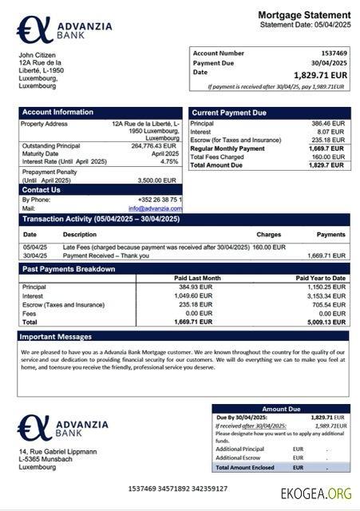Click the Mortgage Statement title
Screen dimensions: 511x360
click(303, 15)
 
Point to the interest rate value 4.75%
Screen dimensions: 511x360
click(169, 161)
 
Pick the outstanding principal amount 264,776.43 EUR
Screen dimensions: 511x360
click(153, 145)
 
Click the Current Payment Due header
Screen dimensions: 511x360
click(229, 113)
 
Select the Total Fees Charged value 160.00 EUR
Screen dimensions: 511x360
click(327, 156)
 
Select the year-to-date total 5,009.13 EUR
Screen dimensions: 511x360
click(326, 323)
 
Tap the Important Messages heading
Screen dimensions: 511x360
click(57, 336)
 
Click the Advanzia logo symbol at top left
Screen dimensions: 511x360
click(34, 30)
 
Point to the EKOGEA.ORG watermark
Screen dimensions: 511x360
click(316, 493)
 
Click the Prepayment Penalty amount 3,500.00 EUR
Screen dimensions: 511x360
click(157, 180)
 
